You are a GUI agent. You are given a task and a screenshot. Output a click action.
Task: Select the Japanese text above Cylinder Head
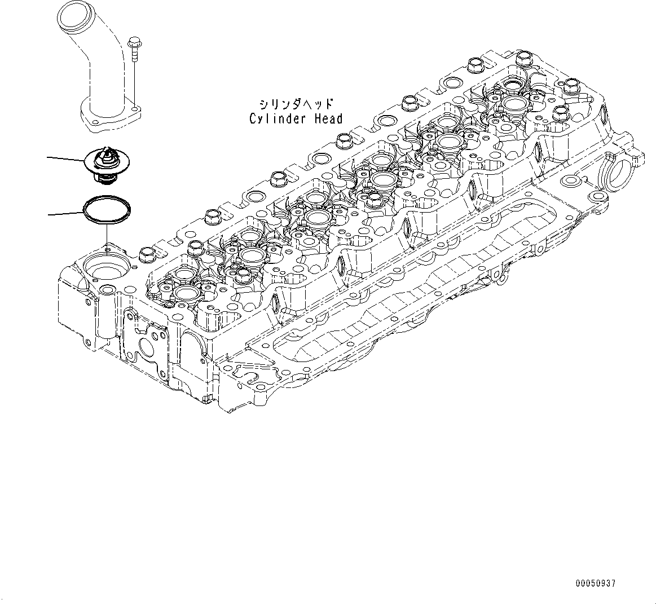coord(296,104)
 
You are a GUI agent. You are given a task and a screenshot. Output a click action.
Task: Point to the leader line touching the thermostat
coord(65,159)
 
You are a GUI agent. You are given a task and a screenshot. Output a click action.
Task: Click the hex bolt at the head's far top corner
coord(522,58)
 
